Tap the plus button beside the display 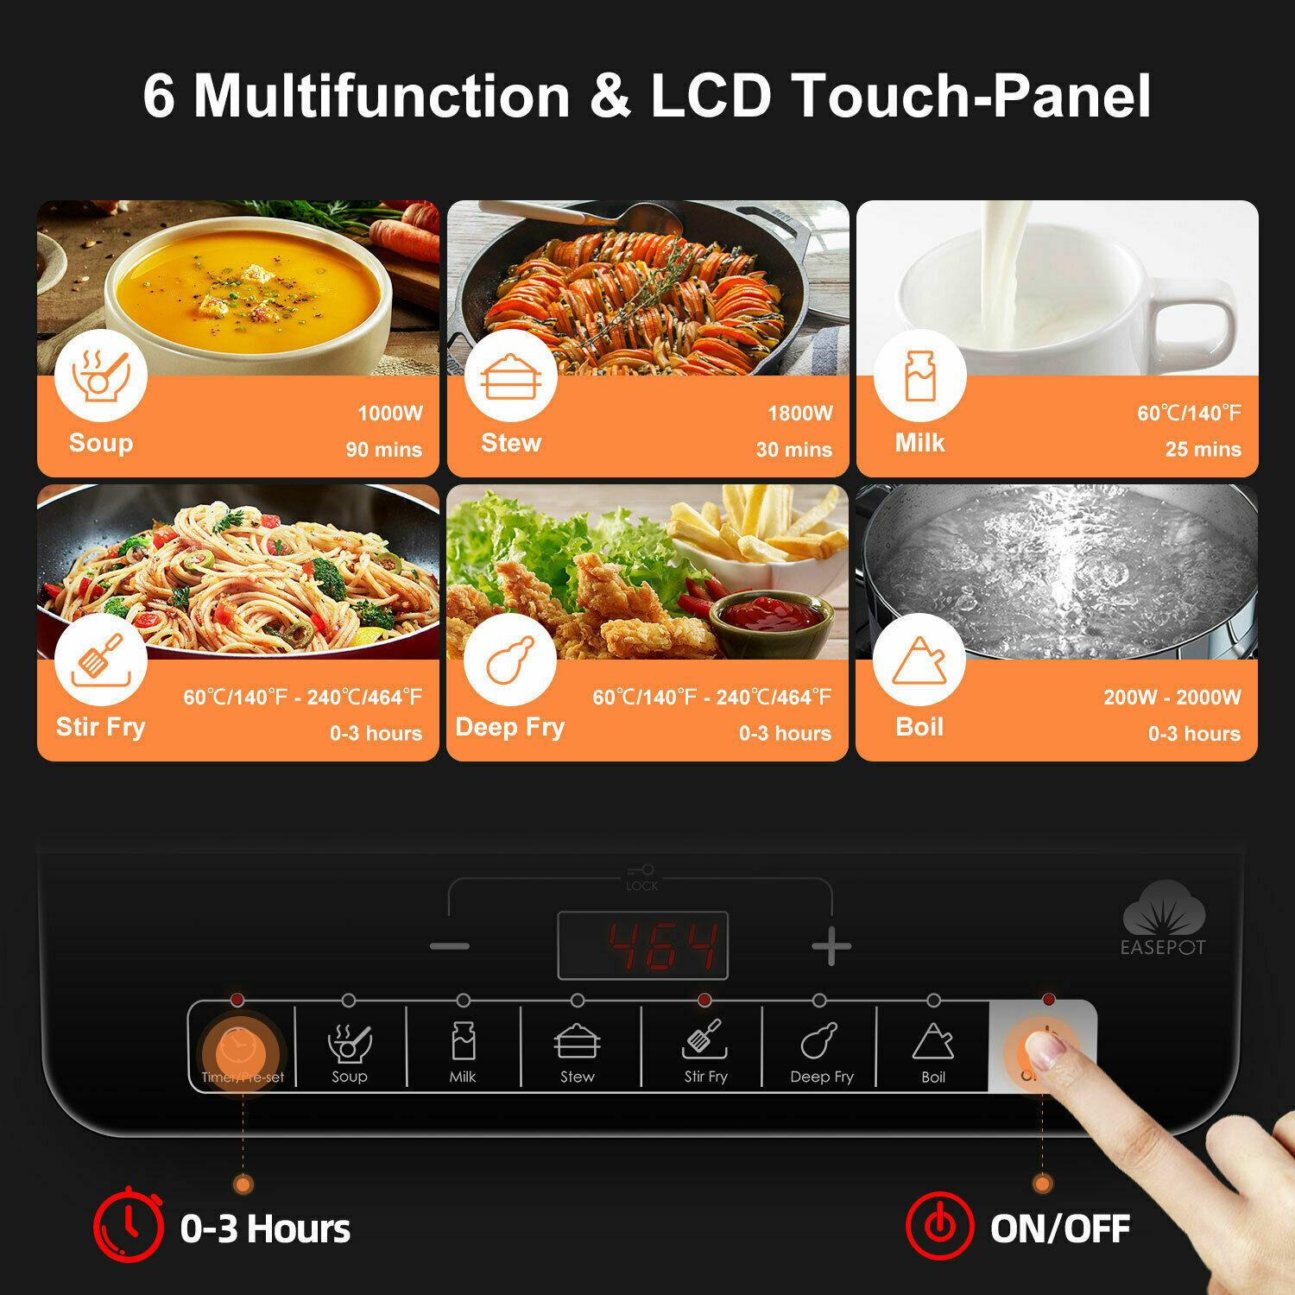(831, 946)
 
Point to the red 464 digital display (643, 945)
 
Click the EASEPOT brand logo (1163, 919)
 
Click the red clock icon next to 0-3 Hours (129, 1225)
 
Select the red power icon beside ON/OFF (940, 1226)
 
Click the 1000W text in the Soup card (390, 414)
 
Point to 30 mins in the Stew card (794, 450)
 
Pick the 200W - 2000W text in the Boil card (1172, 698)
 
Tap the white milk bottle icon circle (919, 376)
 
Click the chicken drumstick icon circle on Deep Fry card (510, 660)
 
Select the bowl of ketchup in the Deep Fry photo (771, 620)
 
